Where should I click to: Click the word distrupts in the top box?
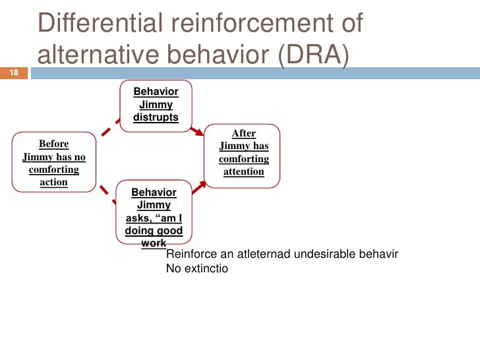156,118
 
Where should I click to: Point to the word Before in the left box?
54,144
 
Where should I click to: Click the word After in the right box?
244,133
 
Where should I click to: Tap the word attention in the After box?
244,172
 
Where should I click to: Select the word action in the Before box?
54,182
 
